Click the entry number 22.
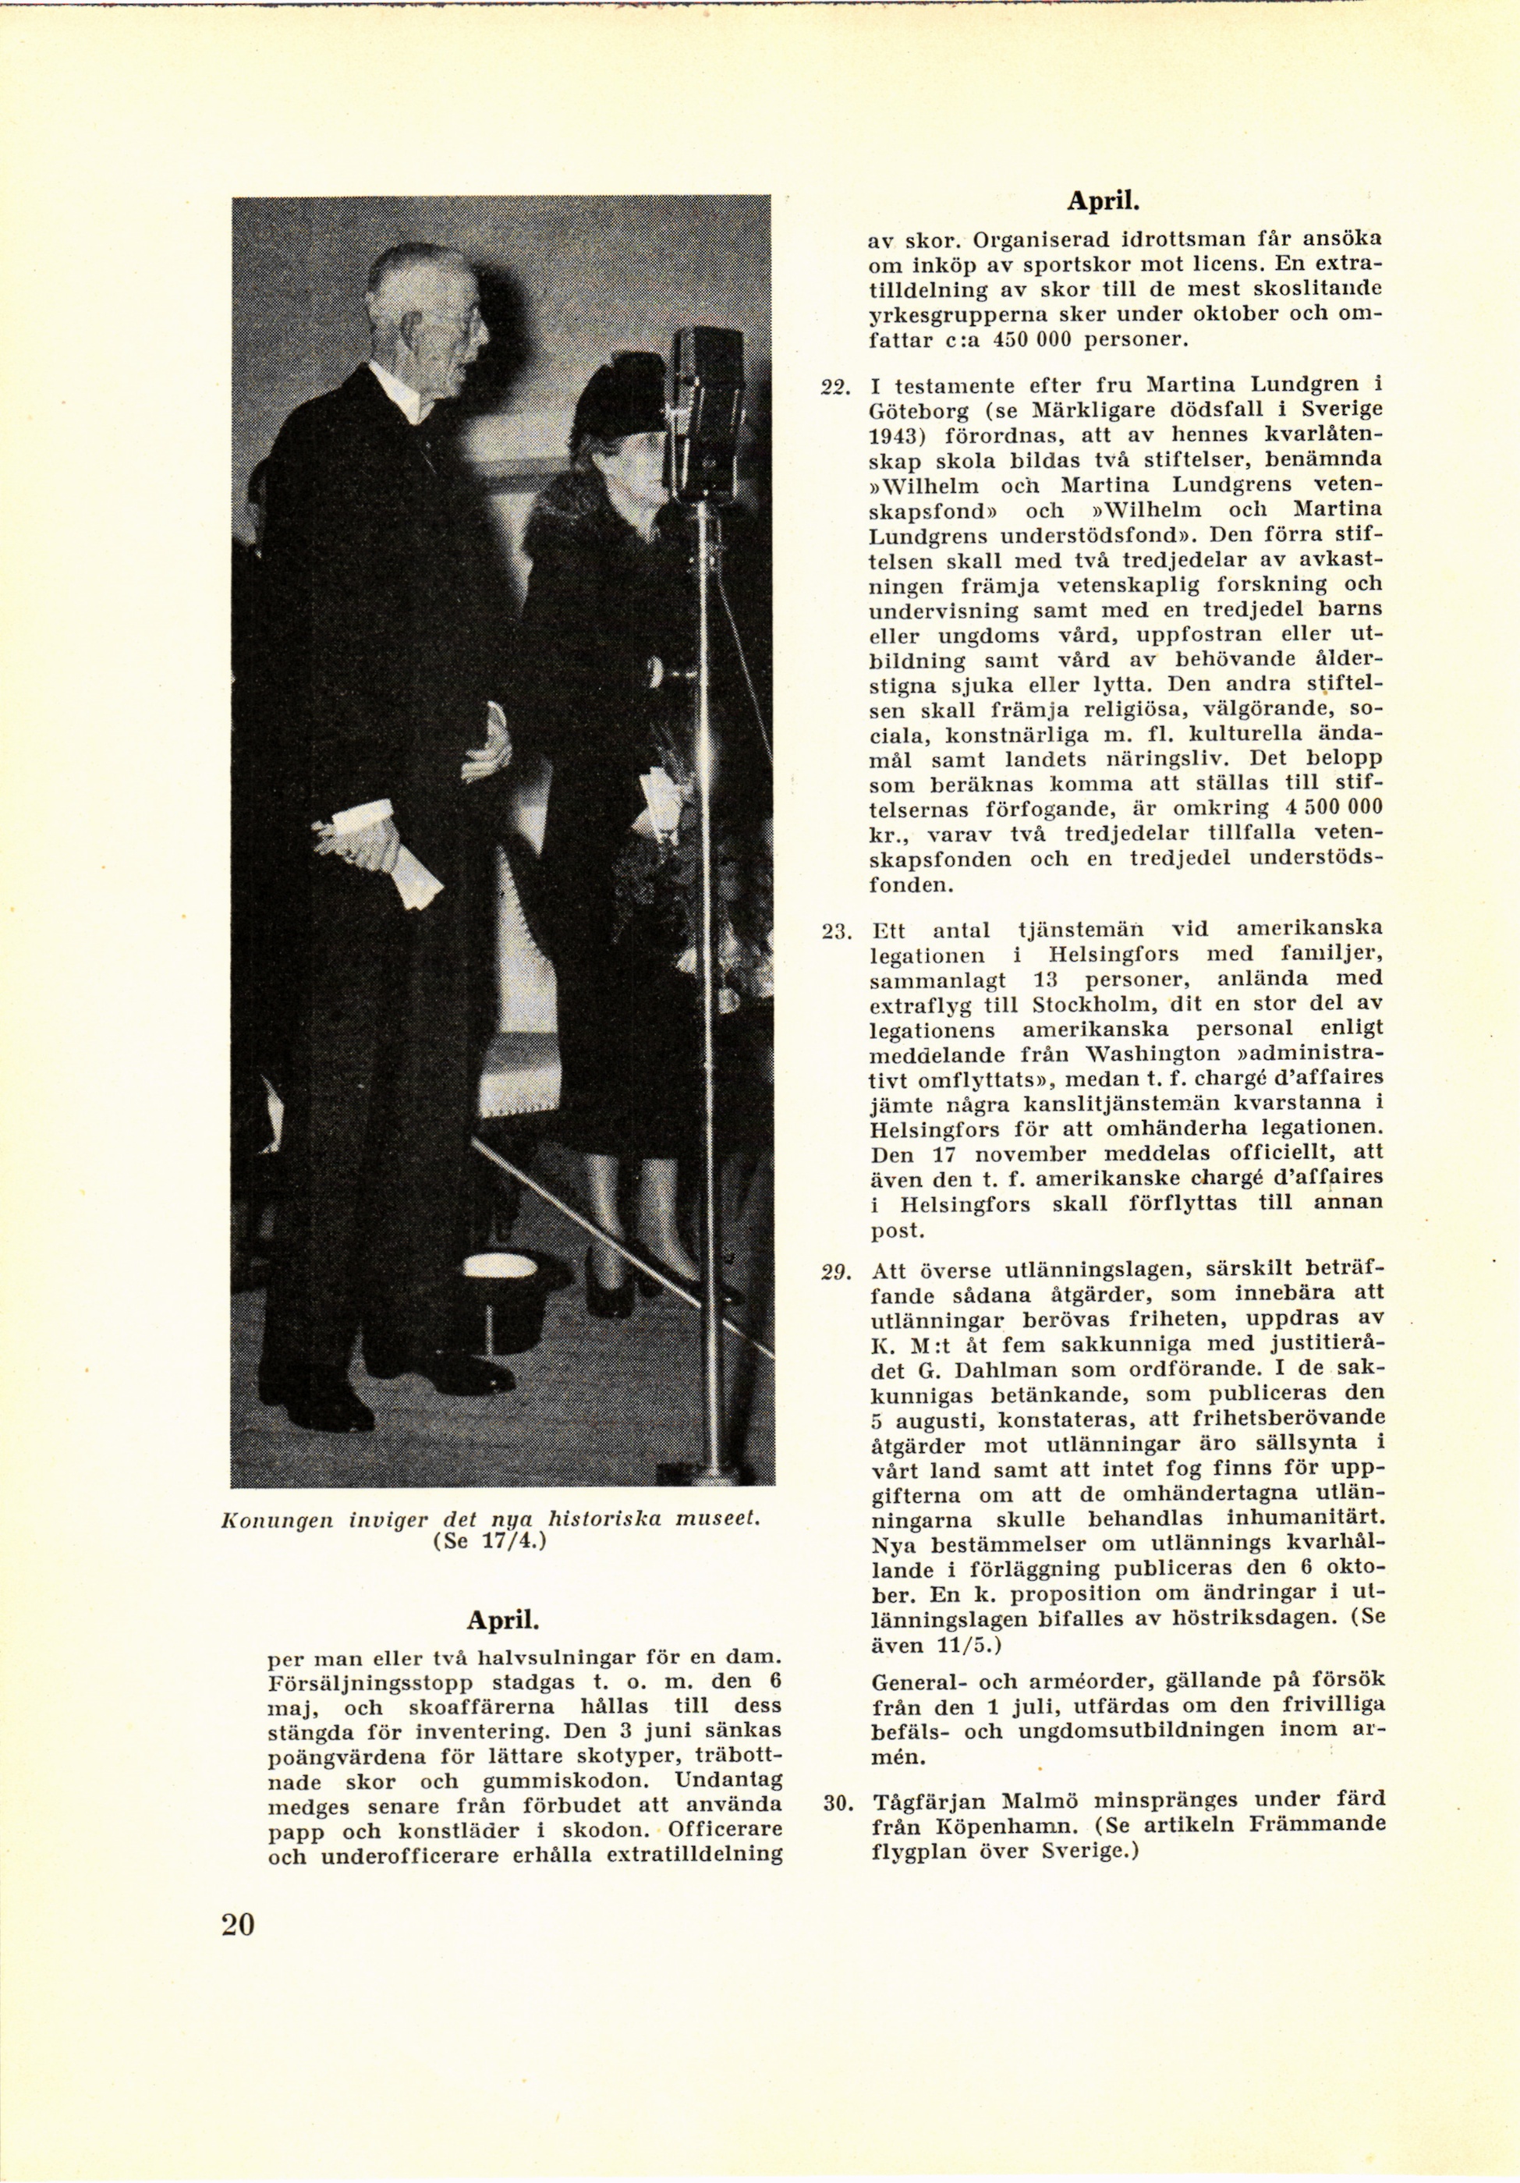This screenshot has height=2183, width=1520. [833, 387]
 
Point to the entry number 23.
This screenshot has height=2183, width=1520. [833, 930]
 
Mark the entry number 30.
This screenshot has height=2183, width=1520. [834, 1802]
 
